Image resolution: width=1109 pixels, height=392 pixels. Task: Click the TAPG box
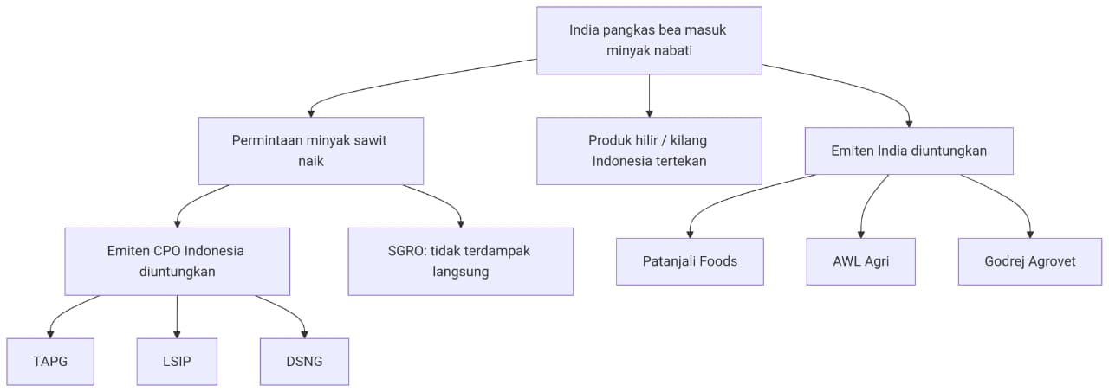click(50, 362)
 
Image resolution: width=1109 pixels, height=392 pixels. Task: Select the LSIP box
click(177, 362)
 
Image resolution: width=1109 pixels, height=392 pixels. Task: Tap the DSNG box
click(304, 362)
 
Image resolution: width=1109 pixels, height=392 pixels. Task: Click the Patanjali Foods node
click(690, 261)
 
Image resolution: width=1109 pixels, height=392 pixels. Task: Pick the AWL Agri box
click(861, 261)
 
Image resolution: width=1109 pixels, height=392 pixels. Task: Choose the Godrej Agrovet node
click(1030, 261)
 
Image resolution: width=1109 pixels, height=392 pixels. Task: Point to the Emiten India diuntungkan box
click(909, 151)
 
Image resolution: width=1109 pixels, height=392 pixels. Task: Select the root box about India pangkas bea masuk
click(649, 41)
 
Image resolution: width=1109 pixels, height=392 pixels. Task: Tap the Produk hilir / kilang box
click(649, 151)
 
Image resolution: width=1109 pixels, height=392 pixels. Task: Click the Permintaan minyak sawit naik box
click(311, 151)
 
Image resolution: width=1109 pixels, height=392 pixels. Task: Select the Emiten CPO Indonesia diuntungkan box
click(178, 261)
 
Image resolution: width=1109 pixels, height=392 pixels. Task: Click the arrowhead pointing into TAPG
click(50, 335)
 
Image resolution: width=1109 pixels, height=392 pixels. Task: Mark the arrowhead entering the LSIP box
click(177, 335)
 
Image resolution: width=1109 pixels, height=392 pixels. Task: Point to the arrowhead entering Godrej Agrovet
click(1030, 235)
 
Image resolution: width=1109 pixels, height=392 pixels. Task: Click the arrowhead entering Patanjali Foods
click(690, 235)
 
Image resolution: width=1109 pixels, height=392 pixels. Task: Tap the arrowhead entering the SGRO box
click(460, 224)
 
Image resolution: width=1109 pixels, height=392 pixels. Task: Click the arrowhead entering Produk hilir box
click(649, 113)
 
